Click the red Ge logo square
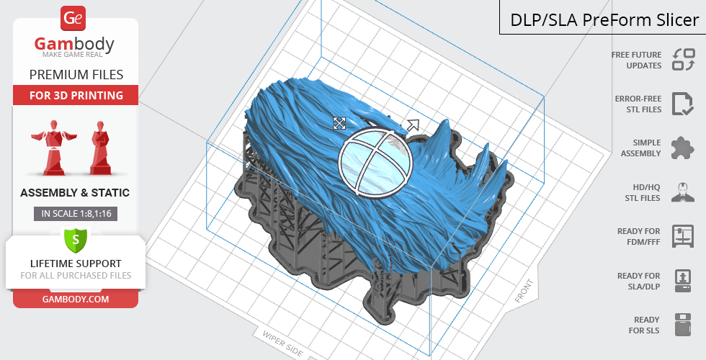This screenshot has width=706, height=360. click(x=73, y=18)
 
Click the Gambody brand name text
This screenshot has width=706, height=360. click(x=74, y=44)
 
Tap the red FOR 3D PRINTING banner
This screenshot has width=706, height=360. click(x=76, y=95)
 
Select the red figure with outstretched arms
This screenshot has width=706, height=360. click(x=53, y=147)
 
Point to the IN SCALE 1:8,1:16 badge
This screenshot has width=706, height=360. click(x=76, y=213)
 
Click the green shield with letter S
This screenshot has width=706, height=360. click(x=75, y=240)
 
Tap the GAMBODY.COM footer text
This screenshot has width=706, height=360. click(x=76, y=300)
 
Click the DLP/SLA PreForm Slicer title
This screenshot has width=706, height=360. click(x=604, y=20)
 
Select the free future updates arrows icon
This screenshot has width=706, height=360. click(x=684, y=60)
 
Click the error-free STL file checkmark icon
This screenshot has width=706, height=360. click(x=683, y=104)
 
